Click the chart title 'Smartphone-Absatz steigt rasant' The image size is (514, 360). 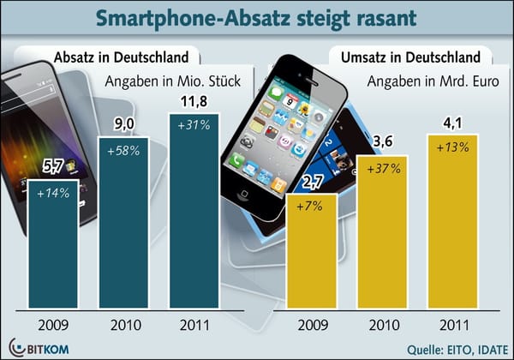pyautogui.click(x=257, y=19)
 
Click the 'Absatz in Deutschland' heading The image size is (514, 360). pyautogui.click(x=122, y=58)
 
